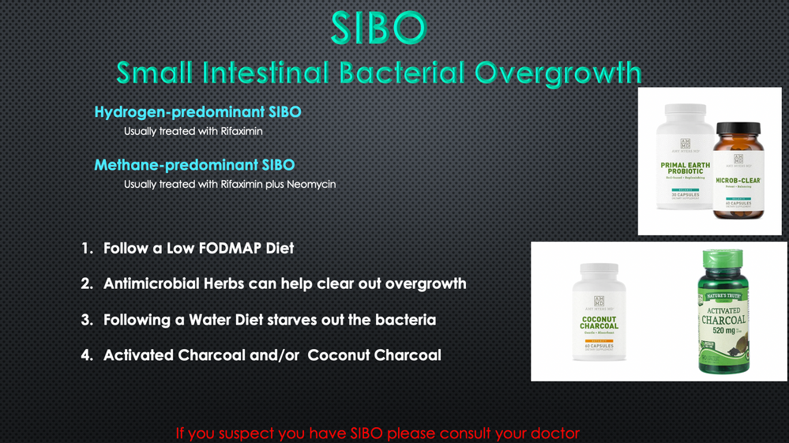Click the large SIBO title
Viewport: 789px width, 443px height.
pos(378,28)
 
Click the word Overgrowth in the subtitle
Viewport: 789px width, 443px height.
pos(558,73)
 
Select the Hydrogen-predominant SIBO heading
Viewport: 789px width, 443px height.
pos(197,112)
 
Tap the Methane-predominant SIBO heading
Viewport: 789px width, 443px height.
pos(194,165)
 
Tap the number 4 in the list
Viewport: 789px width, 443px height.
pos(86,355)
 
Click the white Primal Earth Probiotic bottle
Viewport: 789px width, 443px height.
pos(685,162)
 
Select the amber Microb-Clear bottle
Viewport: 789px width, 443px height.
pos(737,175)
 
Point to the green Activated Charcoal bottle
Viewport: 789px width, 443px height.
pos(722,316)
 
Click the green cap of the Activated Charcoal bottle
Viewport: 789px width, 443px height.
pos(722,259)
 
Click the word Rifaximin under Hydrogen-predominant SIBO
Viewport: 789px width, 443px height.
pos(242,131)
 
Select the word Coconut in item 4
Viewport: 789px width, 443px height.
pos(337,355)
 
